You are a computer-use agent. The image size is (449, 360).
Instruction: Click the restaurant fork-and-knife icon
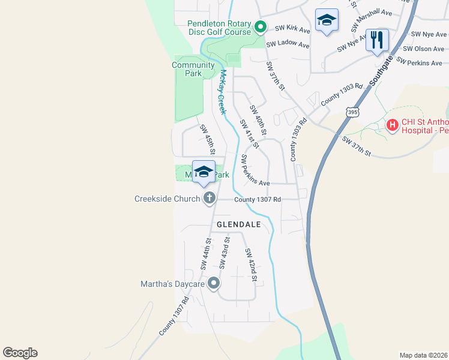pyautogui.click(x=377, y=40)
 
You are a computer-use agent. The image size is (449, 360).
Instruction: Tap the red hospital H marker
pyautogui.click(x=393, y=125)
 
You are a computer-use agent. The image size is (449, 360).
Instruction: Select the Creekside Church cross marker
pyautogui.click(x=209, y=197)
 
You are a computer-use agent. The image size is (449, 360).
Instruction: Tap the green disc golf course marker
pyautogui.click(x=260, y=26)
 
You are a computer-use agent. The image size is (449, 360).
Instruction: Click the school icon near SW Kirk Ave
pyautogui.click(x=327, y=20)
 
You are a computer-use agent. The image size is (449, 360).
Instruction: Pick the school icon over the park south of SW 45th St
pyautogui.click(x=203, y=172)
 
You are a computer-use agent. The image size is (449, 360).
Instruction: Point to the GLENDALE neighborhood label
pyautogui.click(x=238, y=224)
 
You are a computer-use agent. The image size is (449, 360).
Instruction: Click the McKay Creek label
pyautogui.click(x=222, y=92)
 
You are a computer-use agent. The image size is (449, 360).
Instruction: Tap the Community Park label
pyautogui.click(x=193, y=69)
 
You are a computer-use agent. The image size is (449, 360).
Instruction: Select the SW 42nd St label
pyautogui.click(x=251, y=266)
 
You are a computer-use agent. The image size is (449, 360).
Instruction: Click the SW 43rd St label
pyautogui.click(x=224, y=253)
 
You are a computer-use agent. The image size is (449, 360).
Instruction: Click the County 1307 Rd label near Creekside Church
pyautogui.click(x=258, y=199)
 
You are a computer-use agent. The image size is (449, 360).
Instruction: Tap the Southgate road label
pyautogui.click(x=381, y=65)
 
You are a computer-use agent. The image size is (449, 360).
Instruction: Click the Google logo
pyautogui.click(x=20, y=353)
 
